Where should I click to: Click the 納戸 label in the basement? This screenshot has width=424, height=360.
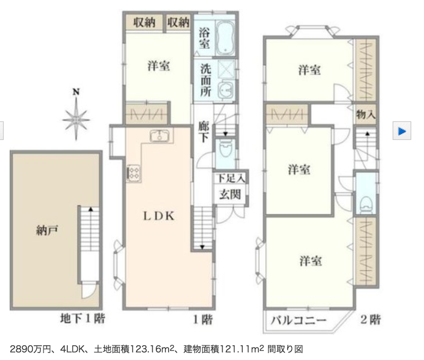(x=47, y=231)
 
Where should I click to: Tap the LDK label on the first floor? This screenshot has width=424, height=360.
(x=158, y=216)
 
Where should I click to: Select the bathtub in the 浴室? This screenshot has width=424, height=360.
(x=226, y=38)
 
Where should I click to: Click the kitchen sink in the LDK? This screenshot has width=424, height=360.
(x=160, y=136)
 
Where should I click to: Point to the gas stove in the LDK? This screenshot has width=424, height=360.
(x=134, y=172)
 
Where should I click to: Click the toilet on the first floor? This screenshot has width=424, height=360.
(x=225, y=148)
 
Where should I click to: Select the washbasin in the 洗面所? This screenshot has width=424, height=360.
(x=225, y=89)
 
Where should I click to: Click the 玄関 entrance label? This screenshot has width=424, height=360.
(x=230, y=194)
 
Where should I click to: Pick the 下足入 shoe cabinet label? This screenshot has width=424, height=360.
(x=231, y=178)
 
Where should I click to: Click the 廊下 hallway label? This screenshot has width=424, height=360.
(x=204, y=131)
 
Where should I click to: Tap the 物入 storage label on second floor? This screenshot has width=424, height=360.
(x=366, y=115)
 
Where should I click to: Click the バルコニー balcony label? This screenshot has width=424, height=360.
(x=298, y=320)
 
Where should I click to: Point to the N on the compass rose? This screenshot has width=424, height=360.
(x=76, y=92)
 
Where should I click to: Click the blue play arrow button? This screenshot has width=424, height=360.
(x=402, y=131)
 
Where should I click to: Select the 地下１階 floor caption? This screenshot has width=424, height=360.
(x=83, y=318)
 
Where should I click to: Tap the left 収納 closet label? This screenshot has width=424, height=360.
(x=144, y=22)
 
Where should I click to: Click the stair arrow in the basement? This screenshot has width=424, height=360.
(x=91, y=209)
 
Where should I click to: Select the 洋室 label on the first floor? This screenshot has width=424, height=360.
(x=158, y=66)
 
